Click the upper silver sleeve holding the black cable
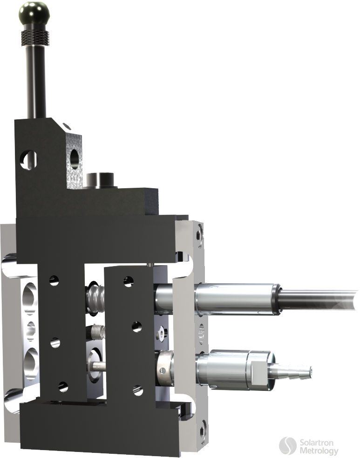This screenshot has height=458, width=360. click(238, 299)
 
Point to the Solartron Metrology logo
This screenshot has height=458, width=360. click(308, 446)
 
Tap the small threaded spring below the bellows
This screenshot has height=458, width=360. click(95, 332)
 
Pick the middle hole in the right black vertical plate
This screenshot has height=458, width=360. click(136, 327)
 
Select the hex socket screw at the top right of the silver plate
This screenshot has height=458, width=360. click(200, 231)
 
